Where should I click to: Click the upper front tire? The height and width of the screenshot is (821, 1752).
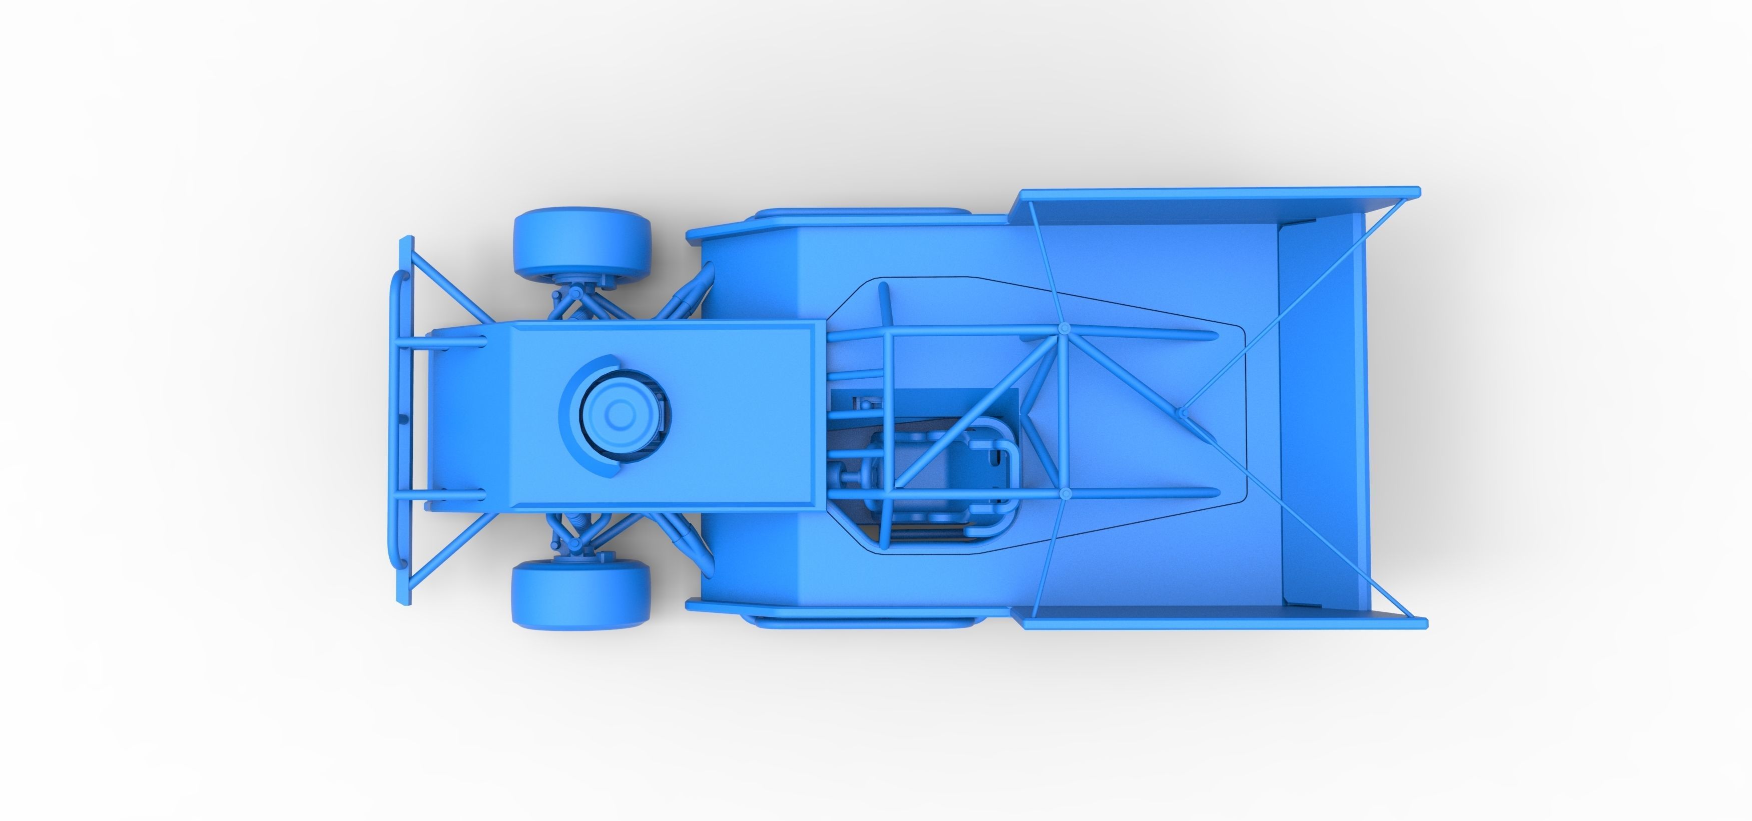click(x=581, y=244)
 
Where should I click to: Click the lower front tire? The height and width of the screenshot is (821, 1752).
click(x=580, y=594)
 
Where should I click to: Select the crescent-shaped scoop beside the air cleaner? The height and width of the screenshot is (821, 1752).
click(x=578, y=415)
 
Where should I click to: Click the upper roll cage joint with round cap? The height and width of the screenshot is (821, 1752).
click(x=1064, y=329)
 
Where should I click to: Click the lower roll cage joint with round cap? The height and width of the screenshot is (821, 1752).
click(x=1065, y=492)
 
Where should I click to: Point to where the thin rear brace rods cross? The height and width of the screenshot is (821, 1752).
click(x=1181, y=412)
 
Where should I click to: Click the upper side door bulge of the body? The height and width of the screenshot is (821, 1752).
click(x=860, y=213)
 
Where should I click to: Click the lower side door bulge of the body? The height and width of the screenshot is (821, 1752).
click(x=860, y=620)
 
